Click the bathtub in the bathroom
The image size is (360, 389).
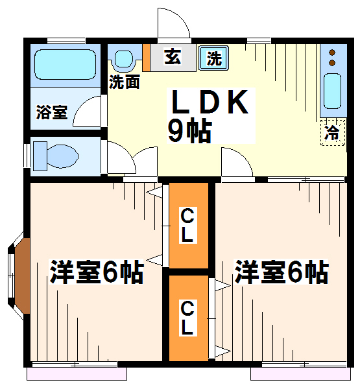[x=65, y=64]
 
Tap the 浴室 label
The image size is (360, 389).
[x=52, y=112]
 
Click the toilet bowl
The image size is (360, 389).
[x=62, y=156]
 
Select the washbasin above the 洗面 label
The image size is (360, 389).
[x=123, y=58]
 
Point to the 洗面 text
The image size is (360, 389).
[x=125, y=82]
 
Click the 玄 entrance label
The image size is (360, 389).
[x=173, y=56]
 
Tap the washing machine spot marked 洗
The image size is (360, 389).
[x=214, y=58]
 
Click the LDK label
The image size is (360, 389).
[x=210, y=102]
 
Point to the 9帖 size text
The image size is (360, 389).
[x=190, y=131]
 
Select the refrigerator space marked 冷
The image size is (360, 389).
[x=333, y=132]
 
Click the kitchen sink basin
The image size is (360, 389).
[x=332, y=91]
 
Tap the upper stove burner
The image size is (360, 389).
[x=332, y=53]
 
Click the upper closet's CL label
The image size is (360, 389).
[x=187, y=225]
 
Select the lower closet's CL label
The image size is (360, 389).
[x=187, y=318]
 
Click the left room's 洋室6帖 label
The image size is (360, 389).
[x=97, y=272]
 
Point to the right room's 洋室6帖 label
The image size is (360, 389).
[x=282, y=272]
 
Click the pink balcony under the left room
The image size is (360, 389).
[x=77, y=374]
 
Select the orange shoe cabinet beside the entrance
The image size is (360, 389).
[x=146, y=57]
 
